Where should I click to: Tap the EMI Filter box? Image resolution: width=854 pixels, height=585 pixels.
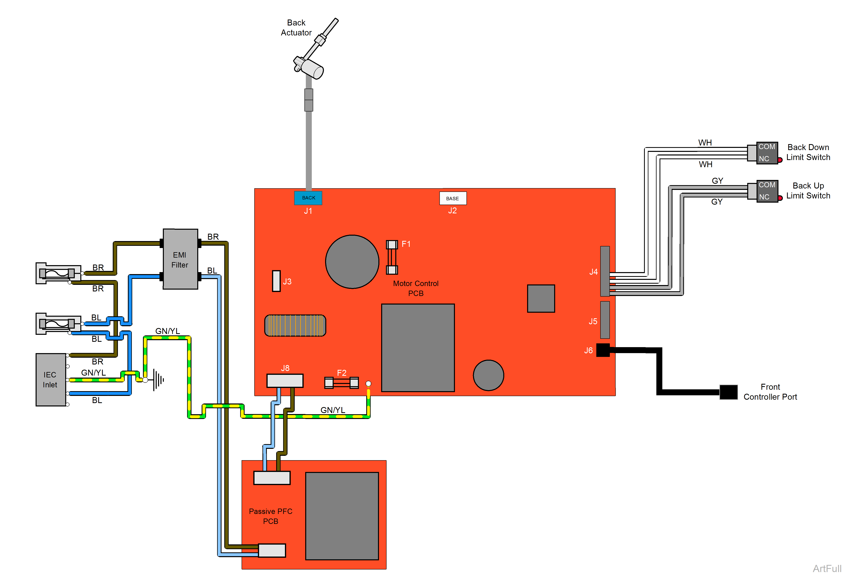click(180, 259)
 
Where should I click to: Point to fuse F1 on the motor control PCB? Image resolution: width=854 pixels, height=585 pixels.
click(392, 257)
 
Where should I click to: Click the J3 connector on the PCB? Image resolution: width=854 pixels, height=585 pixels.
click(276, 281)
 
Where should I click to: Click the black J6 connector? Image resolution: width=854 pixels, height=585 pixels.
click(603, 350)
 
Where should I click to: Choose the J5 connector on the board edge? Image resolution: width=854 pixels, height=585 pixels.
click(605, 320)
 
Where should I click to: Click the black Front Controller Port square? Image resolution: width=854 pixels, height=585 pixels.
click(728, 392)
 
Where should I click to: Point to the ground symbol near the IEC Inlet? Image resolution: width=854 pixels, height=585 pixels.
click(159, 380)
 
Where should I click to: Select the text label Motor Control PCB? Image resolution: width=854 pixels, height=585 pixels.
click(416, 288)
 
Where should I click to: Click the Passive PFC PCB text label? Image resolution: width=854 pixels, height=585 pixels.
click(270, 516)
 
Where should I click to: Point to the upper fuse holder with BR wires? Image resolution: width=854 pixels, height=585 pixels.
click(58, 273)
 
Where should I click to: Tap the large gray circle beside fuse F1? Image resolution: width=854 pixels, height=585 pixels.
click(352, 262)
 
